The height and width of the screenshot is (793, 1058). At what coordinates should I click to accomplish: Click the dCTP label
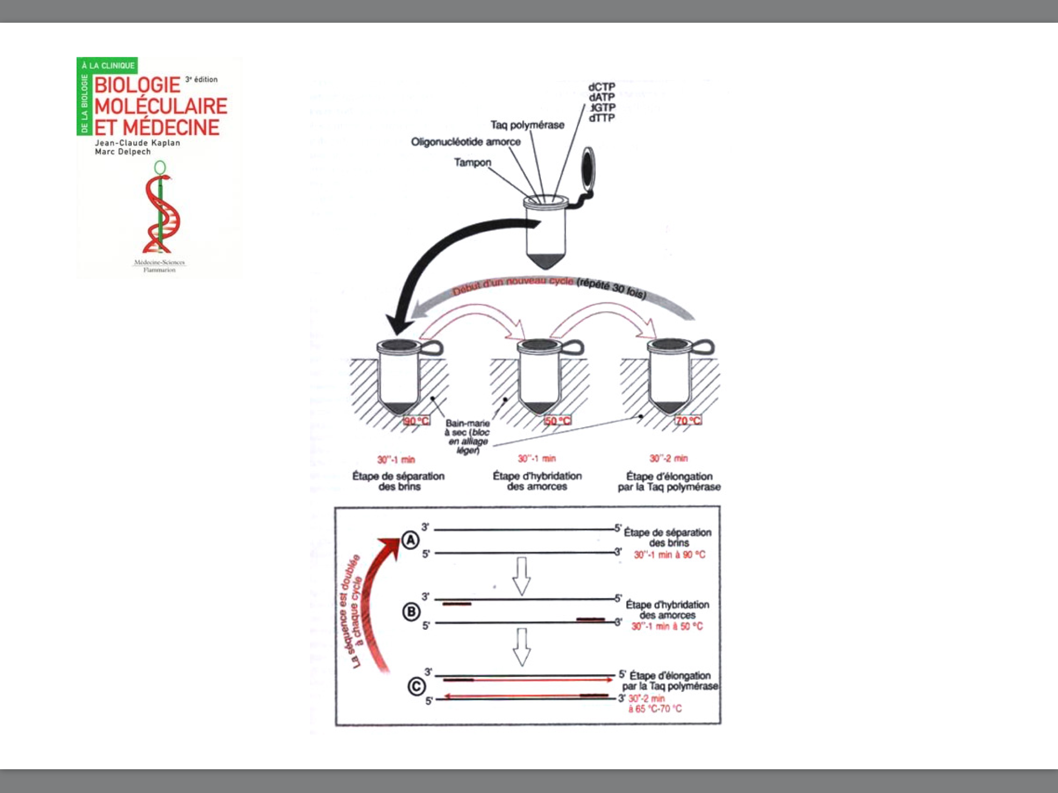point(601,87)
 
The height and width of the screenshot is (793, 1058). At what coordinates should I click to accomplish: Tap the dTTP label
point(602,118)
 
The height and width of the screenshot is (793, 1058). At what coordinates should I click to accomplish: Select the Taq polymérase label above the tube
point(527,125)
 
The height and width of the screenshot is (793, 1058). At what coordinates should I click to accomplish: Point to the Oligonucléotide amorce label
point(465,141)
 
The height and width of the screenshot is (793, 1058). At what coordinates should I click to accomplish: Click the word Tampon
point(472,163)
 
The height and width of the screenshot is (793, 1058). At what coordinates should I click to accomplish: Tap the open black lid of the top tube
point(588,168)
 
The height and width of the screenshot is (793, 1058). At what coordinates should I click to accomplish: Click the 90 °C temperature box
point(416,421)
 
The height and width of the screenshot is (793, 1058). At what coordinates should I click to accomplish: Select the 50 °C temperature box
point(557,421)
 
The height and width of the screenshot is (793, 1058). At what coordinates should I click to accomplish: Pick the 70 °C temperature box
point(688,421)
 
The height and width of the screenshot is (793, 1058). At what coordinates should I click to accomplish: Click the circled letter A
point(411,541)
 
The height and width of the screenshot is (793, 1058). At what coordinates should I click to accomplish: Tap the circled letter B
point(411,612)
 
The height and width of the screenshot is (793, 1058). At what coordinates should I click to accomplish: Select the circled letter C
point(416,687)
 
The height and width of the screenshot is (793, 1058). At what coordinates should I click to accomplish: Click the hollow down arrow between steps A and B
point(521,575)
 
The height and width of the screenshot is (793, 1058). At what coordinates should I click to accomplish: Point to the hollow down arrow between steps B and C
point(521,646)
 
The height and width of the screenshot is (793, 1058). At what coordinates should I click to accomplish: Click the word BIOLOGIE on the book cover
point(137,85)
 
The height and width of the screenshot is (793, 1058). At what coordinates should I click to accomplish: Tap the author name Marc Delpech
point(123,152)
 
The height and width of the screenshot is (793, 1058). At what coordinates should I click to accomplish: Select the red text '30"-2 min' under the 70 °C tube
point(668,458)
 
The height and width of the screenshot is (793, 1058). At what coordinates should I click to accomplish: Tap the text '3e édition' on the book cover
point(201,80)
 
